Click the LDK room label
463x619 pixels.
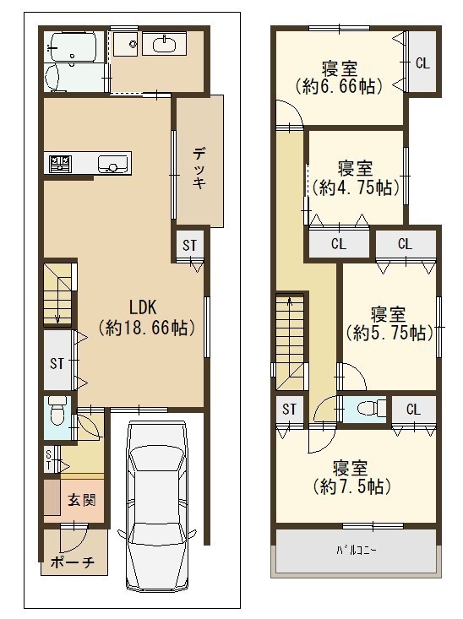(144, 307)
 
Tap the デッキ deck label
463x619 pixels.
(200, 167)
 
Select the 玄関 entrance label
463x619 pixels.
(82, 500)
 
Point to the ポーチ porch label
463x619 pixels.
(73, 562)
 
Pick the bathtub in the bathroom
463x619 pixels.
(72, 46)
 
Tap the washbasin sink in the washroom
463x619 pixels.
(164, 42)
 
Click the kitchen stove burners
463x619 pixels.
(60, 164)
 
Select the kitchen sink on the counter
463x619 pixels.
(113, 164)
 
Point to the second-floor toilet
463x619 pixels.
(372, 408)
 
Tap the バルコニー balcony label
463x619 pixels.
(356, 550)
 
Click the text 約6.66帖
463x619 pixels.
(339, 86)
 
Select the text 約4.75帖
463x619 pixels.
(355, 188)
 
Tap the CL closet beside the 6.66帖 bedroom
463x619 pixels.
(422, 63)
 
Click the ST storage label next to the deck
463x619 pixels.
(189, 245)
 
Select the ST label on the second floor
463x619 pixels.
(289, 409)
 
